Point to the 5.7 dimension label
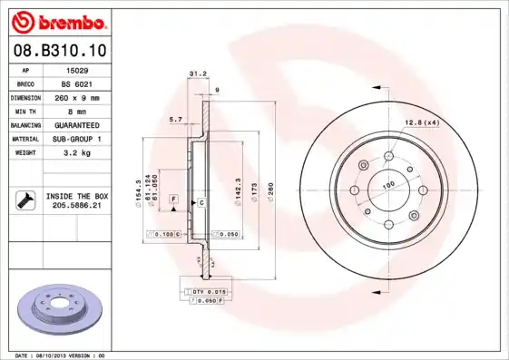(177, 119)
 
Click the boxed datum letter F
(173, 198)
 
